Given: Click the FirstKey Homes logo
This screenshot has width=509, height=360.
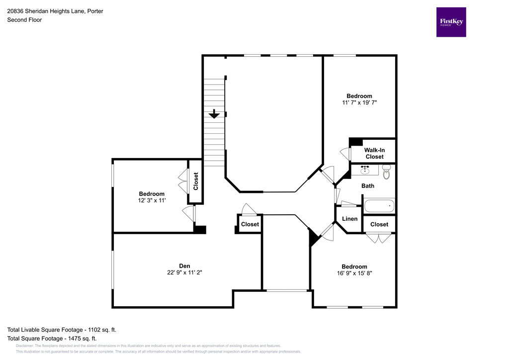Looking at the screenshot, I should tap(451, 22).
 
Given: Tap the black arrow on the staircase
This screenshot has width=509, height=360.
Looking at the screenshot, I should tap(214, 114).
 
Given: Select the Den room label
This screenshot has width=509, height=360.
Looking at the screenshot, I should tap(184, 266).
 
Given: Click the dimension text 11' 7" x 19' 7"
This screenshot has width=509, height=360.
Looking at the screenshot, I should tap(359, 103).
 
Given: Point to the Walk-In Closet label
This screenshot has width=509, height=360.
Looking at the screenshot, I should tap(374, 153).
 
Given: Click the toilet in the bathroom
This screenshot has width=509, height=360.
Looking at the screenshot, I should tap(387, 172).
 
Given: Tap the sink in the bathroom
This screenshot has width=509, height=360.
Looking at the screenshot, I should tap(365, 170).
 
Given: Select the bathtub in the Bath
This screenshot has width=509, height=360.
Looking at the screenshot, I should tap(379, 206).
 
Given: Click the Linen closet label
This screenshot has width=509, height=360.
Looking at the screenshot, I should tap(350, 219).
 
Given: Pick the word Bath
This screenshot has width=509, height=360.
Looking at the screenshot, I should tap(368, 186).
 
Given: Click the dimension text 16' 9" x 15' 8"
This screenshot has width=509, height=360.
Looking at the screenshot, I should tap(354, 273).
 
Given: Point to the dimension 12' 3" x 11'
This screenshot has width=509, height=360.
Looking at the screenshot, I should tap(152, 200).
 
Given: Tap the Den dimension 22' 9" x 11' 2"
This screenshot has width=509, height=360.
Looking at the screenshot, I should tap(184, 272).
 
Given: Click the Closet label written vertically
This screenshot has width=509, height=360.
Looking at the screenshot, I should tap(196, 181).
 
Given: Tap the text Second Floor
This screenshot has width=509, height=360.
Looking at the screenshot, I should tap(24, 20).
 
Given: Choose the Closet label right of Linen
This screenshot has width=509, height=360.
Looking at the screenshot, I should tap(379, 224).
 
